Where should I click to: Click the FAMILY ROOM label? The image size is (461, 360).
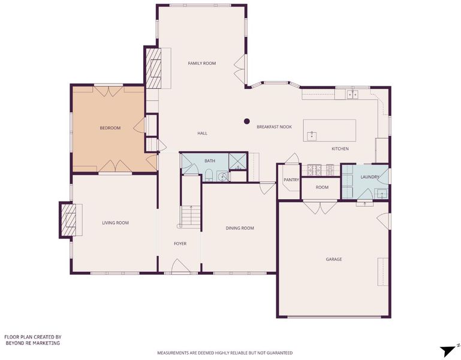pyautogui.click(x=201, y=63)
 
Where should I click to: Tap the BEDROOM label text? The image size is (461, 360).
pyautogui.click(x=110, y=128)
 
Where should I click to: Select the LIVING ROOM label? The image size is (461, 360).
pyautogui.click(x=115, y=223)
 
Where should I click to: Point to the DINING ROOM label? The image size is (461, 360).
pyautogui.click(x=240, y=228)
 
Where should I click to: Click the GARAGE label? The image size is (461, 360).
pyautogui.click(x=334, y=259)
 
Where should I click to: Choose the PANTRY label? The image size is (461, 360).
pyautogui.click(x=291, y=180)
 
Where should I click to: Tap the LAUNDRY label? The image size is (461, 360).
pyautogui.click(x=370, y=177)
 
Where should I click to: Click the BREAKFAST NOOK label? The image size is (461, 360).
pyautogui.click(x=275, y=127)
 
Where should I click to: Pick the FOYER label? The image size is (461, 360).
pyautogui.click(x=180, y=244)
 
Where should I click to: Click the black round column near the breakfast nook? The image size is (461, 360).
pyautogui.click(x=246, y=121)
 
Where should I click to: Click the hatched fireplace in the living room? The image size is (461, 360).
pyautogui.click(x=68, y=220)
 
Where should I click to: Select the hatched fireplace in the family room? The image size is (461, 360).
pyautogui.click(x=153, y=68)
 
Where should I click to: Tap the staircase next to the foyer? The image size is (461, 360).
pyautogui.click(x=191, y=217)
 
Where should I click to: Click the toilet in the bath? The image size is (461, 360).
pyautogui.click(x=209, y=175)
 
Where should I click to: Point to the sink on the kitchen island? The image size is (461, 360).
pyautogui.click(x=312, y=136)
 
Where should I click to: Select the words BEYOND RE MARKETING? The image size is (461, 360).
pyautogui.click(x=32, y=343)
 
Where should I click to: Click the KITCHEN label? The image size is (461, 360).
pyautogui.click(x=340, y=149)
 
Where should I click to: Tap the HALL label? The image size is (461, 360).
pyautogui.click(x=202, y=133)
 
